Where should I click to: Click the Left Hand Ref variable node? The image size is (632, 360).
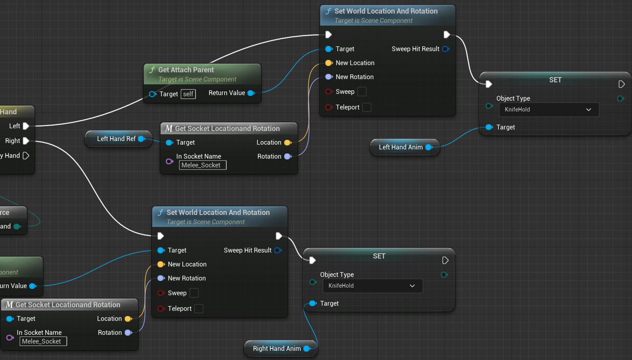(x=116, y=139)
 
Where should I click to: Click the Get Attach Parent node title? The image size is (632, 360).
(x=186, y=70)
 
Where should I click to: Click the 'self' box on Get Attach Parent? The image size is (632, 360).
(x=188, y=94)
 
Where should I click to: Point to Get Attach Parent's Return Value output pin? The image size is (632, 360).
(x=251, y=93)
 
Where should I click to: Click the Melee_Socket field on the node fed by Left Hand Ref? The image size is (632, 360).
(x=203, y=165)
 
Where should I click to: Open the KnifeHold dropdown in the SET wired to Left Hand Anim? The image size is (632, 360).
(x=548, y=109)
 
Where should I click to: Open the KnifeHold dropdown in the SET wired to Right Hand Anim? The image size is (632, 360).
(x=372, y=286)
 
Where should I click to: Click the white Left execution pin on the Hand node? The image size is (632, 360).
(x=26, y=126)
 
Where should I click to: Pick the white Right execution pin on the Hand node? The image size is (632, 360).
(x=26, y=141)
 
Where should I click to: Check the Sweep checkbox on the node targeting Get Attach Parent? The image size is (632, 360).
(x=362, y=92)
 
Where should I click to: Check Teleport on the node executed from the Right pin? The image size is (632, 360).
(x=199, y=309)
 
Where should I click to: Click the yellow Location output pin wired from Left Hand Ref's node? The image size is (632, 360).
(x=287, y=143)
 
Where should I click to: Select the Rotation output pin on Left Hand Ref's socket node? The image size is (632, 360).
(x=287, y=157)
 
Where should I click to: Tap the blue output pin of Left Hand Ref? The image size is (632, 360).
(x=141, y=139)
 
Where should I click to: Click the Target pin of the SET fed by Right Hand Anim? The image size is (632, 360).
(x=313, y=304)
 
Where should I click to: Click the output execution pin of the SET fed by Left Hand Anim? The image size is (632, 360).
(x=621, y=84)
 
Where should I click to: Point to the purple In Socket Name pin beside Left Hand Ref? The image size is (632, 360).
(x=169, y=161)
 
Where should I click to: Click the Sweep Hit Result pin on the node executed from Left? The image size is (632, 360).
(x=445, y=49)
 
